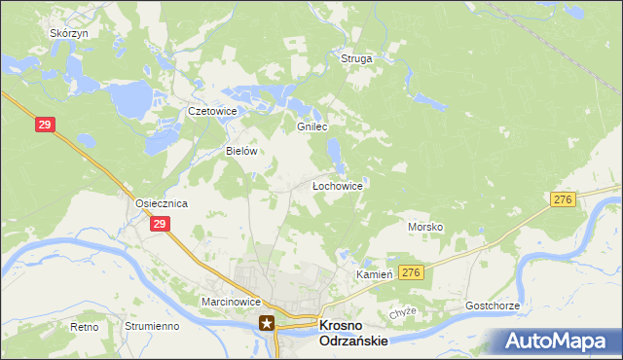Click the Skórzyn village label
coord(69,32)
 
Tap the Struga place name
coord(356,58)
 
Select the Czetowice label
coord(213,112)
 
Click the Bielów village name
coord(240,152)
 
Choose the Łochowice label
coord(337,185)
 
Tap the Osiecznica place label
coord(161,203)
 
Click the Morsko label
coord(425,227)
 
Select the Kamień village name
coord(375,274)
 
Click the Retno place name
coord(85,327)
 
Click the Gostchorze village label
coord(493,306)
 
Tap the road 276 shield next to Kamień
coord(412,273)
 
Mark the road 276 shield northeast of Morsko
coord(562,198)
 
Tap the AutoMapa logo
coord(557,341)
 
